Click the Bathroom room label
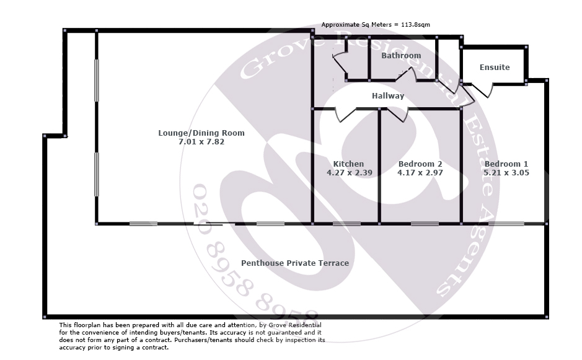(401, 56)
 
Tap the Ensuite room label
(495, 67)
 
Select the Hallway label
(388, 96)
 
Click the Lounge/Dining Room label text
(201, 133)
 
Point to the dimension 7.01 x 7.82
(201, 142)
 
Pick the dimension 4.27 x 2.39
(349, 173)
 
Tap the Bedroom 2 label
(420, 164)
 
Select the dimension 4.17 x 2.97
(420, 173)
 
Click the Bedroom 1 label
(506, 164)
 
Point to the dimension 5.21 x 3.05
(506, 173)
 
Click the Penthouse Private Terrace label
(295, 263)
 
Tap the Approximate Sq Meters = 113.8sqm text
(376, 25)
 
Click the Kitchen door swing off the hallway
(346, 115)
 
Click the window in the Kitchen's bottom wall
(346, 224)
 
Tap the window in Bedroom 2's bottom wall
(425, 224)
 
